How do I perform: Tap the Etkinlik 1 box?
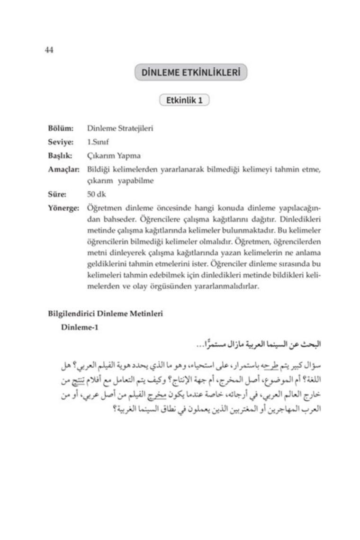pos(185,100)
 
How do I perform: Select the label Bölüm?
pos(61,128)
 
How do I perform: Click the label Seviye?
pos(60,142)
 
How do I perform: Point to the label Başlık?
pos(60,155)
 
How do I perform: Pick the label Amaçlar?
pos(63,169)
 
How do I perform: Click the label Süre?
pos(57,193)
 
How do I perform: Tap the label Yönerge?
pos(63,207)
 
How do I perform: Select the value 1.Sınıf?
pos(99,142)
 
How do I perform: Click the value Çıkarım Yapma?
pos(114,155)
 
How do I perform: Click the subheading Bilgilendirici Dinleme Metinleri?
pos(106,313)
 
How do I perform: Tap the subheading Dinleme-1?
pos(80,328)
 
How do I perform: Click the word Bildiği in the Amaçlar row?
pos(99,169)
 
